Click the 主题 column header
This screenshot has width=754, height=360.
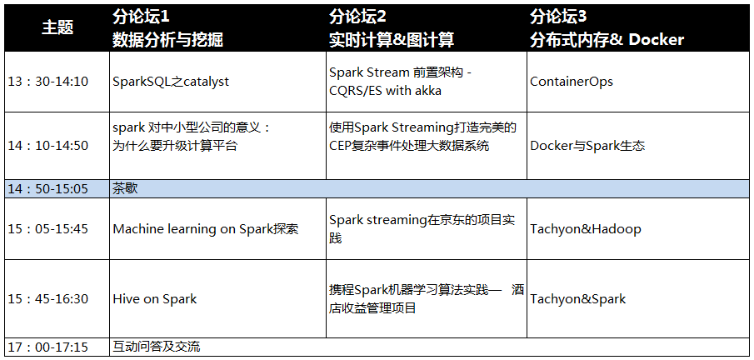click(57, 27)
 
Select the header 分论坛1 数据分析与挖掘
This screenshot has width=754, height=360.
click(167, 28)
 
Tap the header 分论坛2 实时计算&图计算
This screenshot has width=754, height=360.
click(392, 28)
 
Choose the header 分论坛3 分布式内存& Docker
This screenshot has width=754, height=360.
click(607, 28)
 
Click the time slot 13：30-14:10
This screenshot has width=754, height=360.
click(48, 82)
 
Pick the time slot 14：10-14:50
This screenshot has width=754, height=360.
click(48, 146)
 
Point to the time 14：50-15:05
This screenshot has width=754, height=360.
click(48, 188)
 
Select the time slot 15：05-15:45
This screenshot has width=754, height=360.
click(48, 228)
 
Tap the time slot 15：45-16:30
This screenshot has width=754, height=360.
click(48, 299)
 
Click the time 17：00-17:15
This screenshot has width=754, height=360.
click(48, 347)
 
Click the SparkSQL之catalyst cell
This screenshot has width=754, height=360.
click(171, 82)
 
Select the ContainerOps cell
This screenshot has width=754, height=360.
click(572, 82)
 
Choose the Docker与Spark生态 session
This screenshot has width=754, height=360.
click(587, 146)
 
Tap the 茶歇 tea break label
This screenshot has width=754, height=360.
click(125, 188)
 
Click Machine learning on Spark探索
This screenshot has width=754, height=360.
click(205, 229)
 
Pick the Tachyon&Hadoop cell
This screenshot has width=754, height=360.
click(585, 229)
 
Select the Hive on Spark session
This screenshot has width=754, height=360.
click(154, 299)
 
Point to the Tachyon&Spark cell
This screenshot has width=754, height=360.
click(577, 299)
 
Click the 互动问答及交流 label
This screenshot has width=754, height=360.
click(157, 347)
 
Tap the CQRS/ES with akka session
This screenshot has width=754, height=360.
click(385, 90)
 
